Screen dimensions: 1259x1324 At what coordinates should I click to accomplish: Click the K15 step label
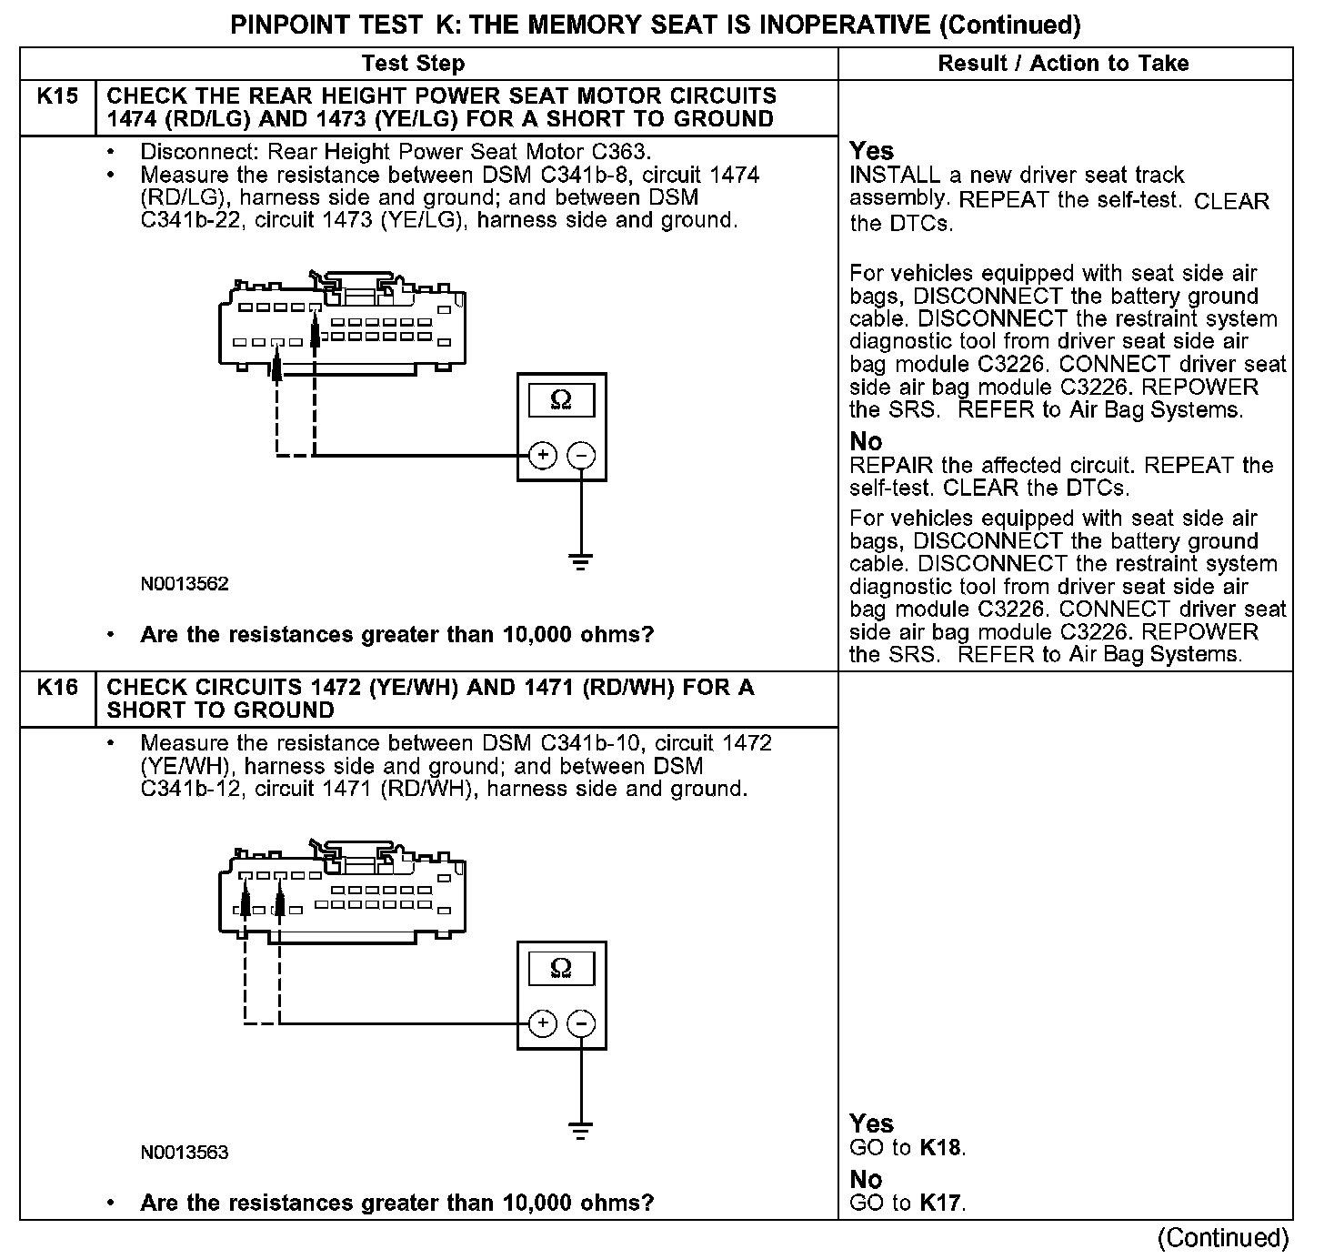pos(56,96)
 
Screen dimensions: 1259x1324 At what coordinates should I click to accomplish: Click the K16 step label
pos(56,688)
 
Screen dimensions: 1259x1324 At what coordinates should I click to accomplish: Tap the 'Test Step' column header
pos(413,64)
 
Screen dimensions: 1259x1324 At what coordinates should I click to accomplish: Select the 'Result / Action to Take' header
pos(1063,64)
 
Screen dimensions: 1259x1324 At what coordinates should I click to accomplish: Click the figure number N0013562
pos(185,584)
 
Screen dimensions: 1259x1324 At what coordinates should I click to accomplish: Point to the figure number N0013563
pos(185,1153)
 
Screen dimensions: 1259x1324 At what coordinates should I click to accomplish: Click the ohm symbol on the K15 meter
pos(561,399)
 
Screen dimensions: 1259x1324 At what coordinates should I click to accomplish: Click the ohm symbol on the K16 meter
pos(561,969)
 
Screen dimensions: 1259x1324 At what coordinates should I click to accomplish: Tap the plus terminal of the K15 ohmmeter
pos(542,455)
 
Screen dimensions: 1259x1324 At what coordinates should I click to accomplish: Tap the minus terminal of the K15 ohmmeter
pos(582,455)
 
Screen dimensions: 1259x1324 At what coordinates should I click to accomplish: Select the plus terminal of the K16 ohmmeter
pos(542,1023)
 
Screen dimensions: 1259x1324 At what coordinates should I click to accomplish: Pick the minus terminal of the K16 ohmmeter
pos(582,1023)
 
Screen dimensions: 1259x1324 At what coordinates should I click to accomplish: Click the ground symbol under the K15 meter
pos(581,561)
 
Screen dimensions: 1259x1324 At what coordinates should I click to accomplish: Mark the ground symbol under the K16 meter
pos(581,1131)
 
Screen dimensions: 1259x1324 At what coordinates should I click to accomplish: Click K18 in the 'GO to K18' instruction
pos(940,1147)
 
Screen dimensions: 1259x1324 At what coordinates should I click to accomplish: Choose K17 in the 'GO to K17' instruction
pos(940,1204)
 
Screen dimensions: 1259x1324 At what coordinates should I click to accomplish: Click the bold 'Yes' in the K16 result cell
pos(871,1123)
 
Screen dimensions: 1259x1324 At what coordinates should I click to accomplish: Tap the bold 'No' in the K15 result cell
pos(866,442)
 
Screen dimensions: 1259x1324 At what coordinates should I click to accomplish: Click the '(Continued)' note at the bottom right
pos(1223,1238)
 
